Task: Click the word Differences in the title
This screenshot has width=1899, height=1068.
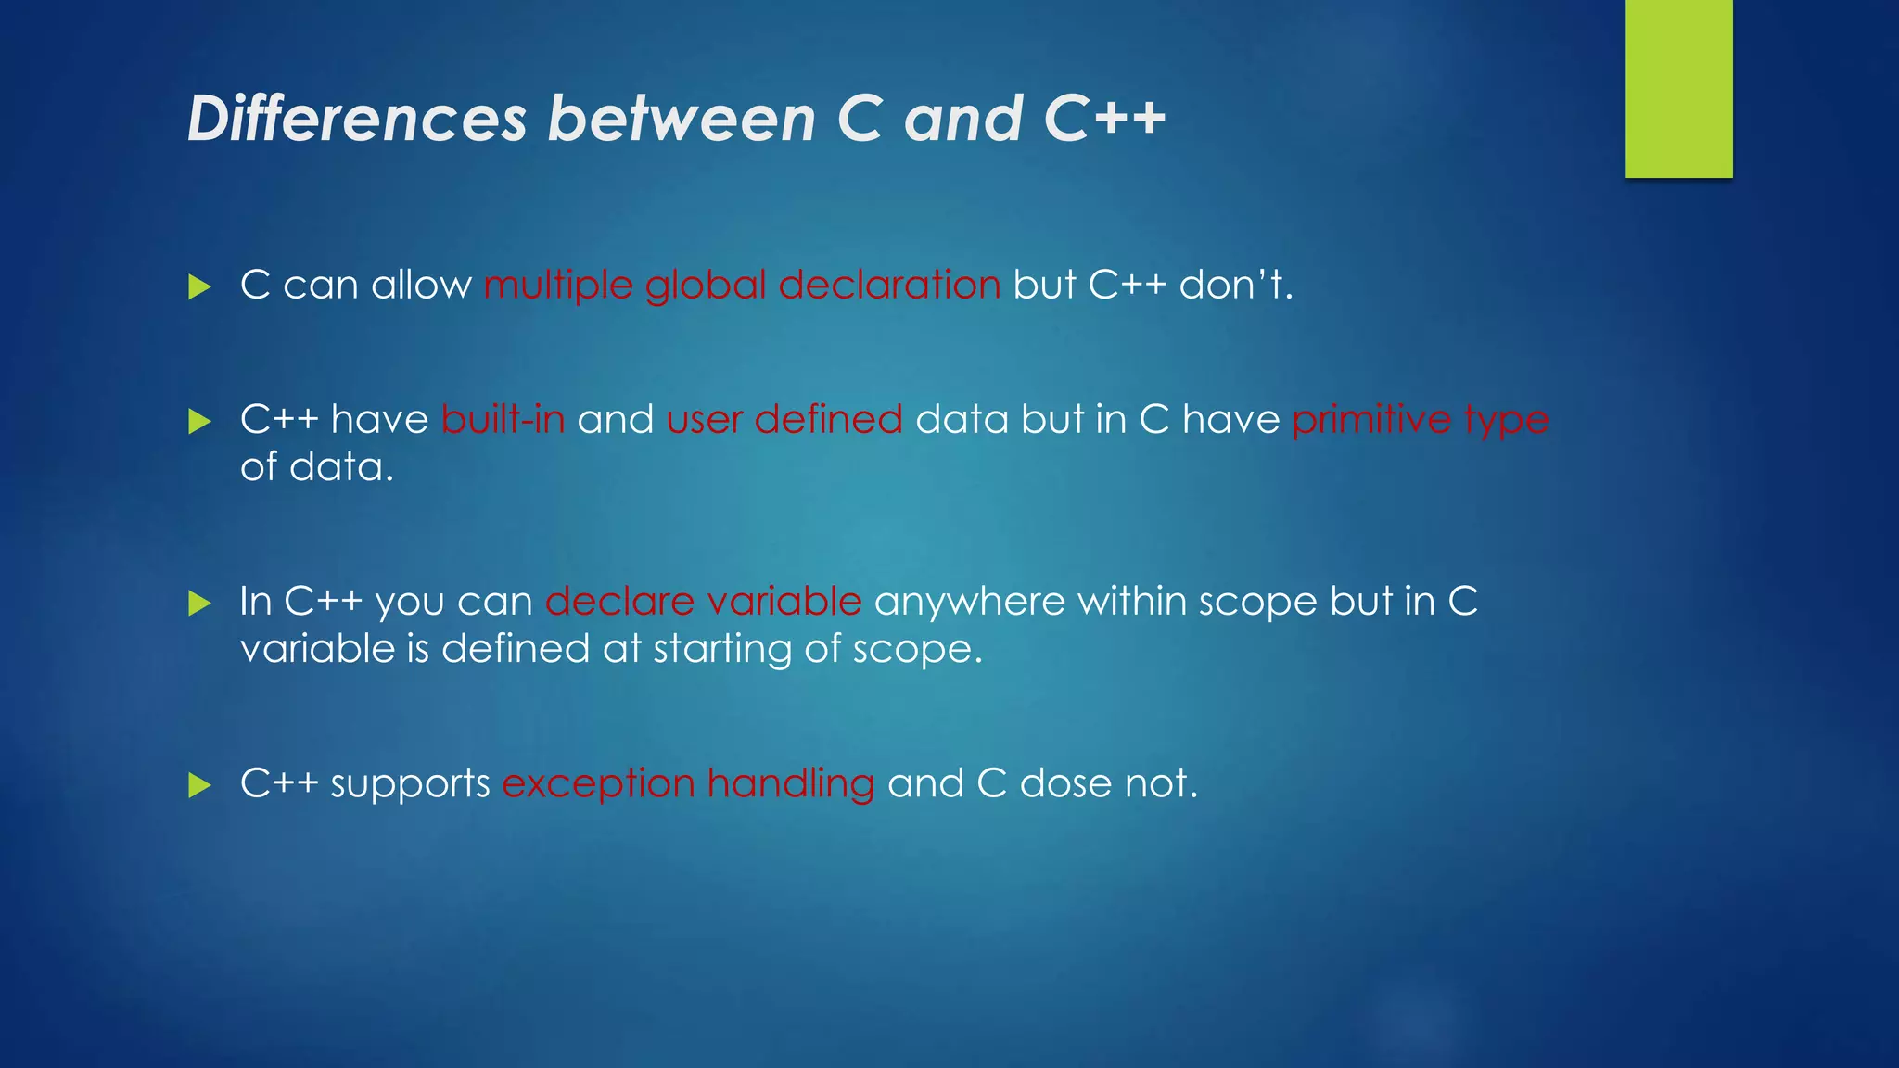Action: [x=357, y=119]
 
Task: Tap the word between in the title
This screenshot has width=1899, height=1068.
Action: [x=682, y=119]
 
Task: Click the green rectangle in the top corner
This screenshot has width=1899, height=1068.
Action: [x=1678, y=88]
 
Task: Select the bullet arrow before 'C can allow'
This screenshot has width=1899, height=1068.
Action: [x=199, y=286]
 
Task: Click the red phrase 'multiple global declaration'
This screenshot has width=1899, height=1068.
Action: [x=742, y=286]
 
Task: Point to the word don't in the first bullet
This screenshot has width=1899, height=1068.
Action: [x=1235, y=285]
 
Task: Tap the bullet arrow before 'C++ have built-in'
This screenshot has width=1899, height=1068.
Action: [x=199, y=422]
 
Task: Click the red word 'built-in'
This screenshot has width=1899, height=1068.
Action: [x=503, y=419]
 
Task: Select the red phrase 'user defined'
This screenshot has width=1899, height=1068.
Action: [x=784, y=419]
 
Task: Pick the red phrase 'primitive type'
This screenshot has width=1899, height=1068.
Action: [x=1420, y=419]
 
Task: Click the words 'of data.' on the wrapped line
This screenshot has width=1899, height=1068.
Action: [x=317, y=466]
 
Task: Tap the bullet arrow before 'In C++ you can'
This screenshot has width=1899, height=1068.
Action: [x=199, y=604]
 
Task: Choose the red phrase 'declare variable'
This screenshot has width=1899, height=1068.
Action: [x=704, y=602]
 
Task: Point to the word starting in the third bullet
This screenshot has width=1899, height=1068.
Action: [x=722, y=649]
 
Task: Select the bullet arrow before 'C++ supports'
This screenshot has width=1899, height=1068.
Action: [x=199, y=785]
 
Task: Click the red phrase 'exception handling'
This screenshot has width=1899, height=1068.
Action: [x=688, y=784]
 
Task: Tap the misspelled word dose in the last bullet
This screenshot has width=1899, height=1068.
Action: [x=1065, y=783]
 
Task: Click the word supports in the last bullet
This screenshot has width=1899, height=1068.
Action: [x=410, y=784]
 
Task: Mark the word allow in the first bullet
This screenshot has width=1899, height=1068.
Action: [x=421, y=285]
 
